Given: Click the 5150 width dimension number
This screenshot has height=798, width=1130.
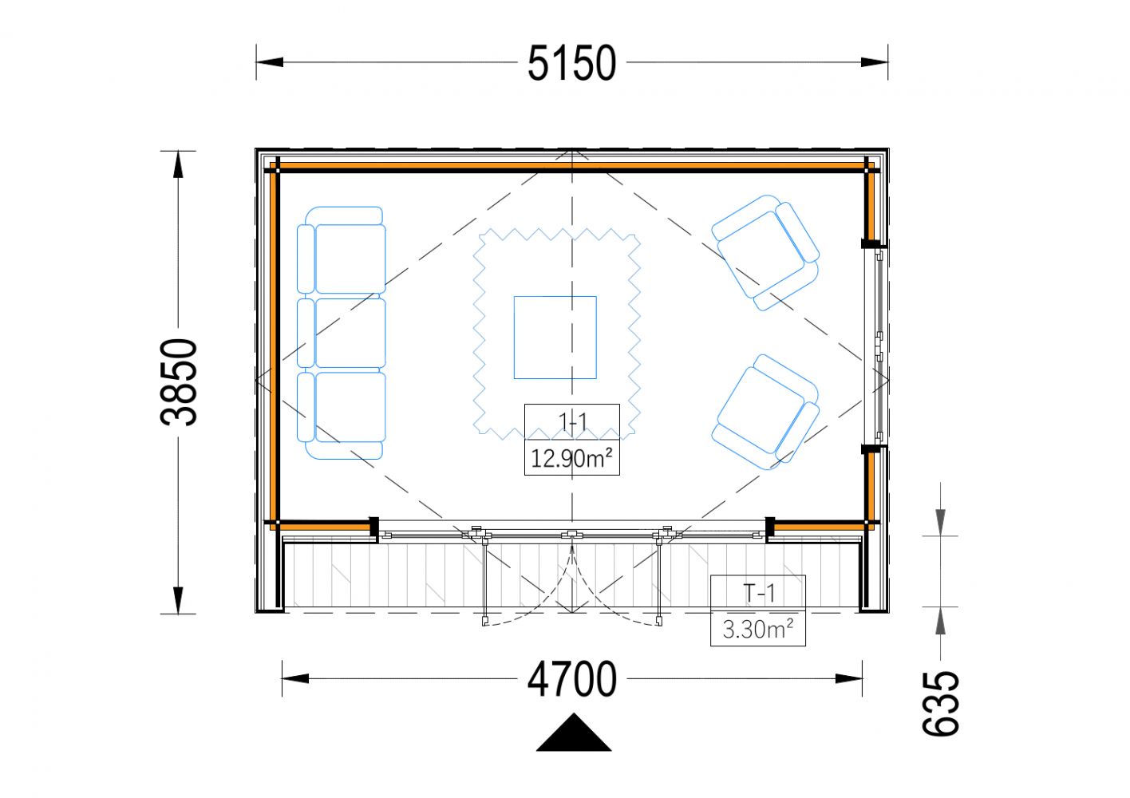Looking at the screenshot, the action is point(571,63).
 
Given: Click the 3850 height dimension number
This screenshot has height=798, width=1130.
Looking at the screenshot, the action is point(179,382).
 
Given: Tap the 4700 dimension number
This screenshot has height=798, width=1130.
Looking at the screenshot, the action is point(571,679).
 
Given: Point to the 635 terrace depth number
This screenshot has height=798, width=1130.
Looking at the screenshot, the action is point(940,704).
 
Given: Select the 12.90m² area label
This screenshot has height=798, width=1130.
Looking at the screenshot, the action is point(571,459).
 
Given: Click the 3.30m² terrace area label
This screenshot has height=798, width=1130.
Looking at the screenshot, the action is point(757,630).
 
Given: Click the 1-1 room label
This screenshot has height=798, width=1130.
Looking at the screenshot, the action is point(572,421).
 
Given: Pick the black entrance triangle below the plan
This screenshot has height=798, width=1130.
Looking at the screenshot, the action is point(574,732).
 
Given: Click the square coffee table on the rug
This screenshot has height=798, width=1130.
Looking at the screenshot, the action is point(555,338).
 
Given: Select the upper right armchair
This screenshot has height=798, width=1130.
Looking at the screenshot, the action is point(765,253).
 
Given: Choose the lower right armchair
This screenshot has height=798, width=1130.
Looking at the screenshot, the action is point(765,412).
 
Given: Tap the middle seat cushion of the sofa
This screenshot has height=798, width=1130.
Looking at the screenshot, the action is point(350,333).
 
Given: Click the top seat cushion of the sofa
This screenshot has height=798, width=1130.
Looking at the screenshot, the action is point(350,259).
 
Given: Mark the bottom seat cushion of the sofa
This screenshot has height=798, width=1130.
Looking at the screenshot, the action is point(350,407).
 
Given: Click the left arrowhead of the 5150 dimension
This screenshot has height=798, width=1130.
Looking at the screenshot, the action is point(270,62).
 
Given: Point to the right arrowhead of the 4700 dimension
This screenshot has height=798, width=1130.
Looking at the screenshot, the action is point(848,678).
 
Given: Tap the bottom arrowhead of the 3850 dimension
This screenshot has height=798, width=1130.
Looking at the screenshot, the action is point(178,600).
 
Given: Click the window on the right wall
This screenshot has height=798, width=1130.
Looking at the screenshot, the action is point(876,346).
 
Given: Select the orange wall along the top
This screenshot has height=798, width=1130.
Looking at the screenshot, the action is point(572,165).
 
